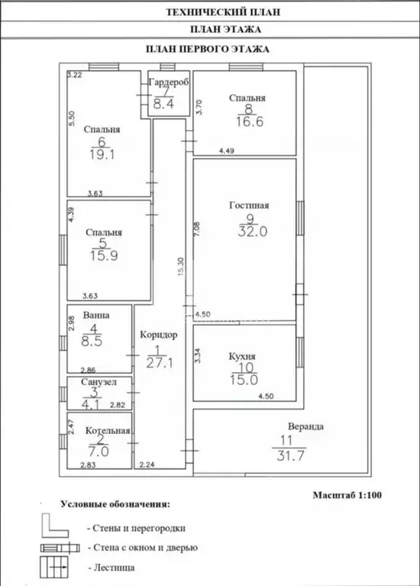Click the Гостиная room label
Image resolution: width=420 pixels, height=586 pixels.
[x=249, y=206]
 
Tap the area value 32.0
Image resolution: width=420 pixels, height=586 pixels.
[x=253, y=231]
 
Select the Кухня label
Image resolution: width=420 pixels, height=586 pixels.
[x=242, y=357]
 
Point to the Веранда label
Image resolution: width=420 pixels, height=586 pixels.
[x=305, y=426]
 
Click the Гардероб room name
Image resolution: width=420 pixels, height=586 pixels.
[x=169, y=82]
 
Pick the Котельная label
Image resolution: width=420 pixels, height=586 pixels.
[x=108, y=431]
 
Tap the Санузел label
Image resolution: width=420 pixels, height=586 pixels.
[x=99, y=382]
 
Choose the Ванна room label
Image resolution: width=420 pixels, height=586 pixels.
[x=96, y=315]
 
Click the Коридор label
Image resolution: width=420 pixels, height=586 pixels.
[x=158, y=335]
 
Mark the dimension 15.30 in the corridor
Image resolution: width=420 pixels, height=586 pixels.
[x=181, y=267]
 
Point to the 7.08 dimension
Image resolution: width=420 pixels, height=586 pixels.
[x=197, y=228]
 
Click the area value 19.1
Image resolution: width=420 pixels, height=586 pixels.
[x=102, y=154]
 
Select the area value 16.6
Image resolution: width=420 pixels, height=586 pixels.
[x=250, y=121]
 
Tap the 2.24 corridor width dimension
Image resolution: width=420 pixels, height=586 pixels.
[x=147, y=465]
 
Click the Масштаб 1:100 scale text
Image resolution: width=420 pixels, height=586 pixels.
[x=347, y=495]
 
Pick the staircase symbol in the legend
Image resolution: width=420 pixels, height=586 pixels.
[x=54, y=567]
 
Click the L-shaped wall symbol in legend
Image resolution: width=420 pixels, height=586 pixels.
[x=54, y=526]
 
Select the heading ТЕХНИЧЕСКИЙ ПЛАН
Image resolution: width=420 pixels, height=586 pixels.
[x=223, y=12]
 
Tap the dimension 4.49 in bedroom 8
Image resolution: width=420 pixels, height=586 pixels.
[x=227, y=151]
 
